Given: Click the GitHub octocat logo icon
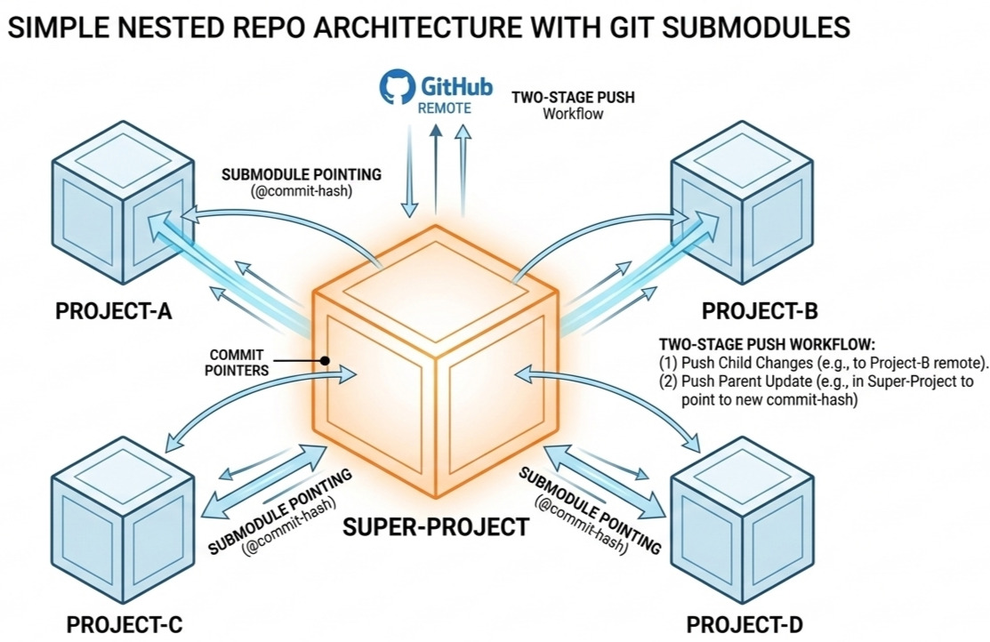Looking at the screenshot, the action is pyautogui.click(x=397, y=86).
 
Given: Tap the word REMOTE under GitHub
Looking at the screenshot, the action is pyautogui.click(x=445, y=108).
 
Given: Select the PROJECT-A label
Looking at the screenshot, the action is pyautogui.click(x=114, y=310).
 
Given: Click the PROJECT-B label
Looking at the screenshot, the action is pyautogui.click(x=760, y=310).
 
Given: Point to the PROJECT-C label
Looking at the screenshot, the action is pyautogui.click(x=125, y=625).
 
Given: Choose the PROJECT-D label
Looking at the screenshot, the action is pyautogui.click(x=745, y=625).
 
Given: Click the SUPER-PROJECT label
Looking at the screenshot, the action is pyautogui.click(x=436, y=526).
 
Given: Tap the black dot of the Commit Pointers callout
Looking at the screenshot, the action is pyautogui.click(x=326, y=361).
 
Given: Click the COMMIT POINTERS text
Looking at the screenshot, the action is pyautogui.click(x=237, y=363).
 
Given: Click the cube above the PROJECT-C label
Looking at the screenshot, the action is pyautogui.click(x=123, y=518).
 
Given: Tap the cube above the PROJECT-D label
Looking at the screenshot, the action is pyautogui.click(x=742, y=518).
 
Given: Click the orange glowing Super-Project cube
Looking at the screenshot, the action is pyautogui.click(x=436, y=362).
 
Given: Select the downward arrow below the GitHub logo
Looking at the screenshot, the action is pyautogui.click(x=410, y=171).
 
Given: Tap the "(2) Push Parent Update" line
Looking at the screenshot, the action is pyautogui.click(x=817, y=390).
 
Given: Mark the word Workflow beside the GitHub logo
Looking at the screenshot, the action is pyautogui.click(x=573, y=114).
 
